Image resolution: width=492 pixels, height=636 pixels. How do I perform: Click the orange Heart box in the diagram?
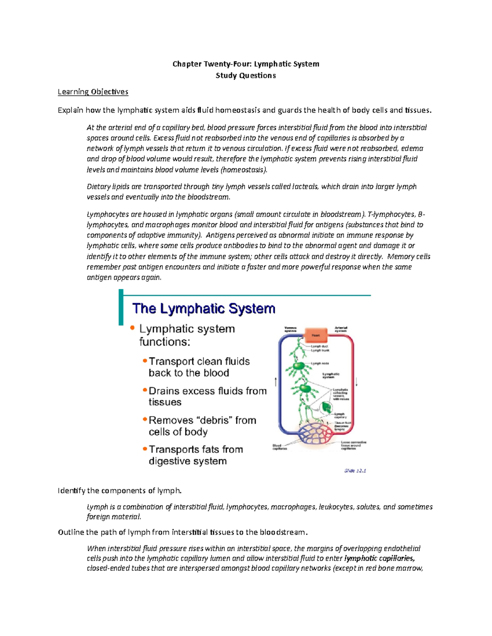click(315, 335)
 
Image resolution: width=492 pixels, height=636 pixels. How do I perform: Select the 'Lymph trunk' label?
click(320, 351)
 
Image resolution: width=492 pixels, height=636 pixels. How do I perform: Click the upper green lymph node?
click(299, 365)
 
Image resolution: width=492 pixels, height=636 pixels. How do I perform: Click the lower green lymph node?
click(305, 388)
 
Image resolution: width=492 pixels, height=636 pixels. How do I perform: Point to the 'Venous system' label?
click(290, 329)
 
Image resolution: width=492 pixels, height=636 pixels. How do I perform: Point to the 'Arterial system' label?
click(341, 329)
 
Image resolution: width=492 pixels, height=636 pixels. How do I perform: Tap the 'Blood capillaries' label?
click(280, 447)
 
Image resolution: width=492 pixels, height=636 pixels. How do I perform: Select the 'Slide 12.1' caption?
click(355, 471)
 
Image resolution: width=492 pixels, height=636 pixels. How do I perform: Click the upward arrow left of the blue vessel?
click(276, 382)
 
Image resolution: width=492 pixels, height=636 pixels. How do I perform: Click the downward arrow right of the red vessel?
click(357, 382)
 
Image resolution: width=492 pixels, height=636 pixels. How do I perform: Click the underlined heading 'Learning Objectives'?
click(93, 92)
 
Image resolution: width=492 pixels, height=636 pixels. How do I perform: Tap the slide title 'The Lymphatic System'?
click(203, 308)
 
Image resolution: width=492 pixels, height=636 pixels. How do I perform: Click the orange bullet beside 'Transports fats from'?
click(145, 449)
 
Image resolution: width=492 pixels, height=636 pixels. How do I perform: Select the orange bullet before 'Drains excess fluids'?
click(145, 390)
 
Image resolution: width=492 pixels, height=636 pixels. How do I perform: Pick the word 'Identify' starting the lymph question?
click(71, 491)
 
